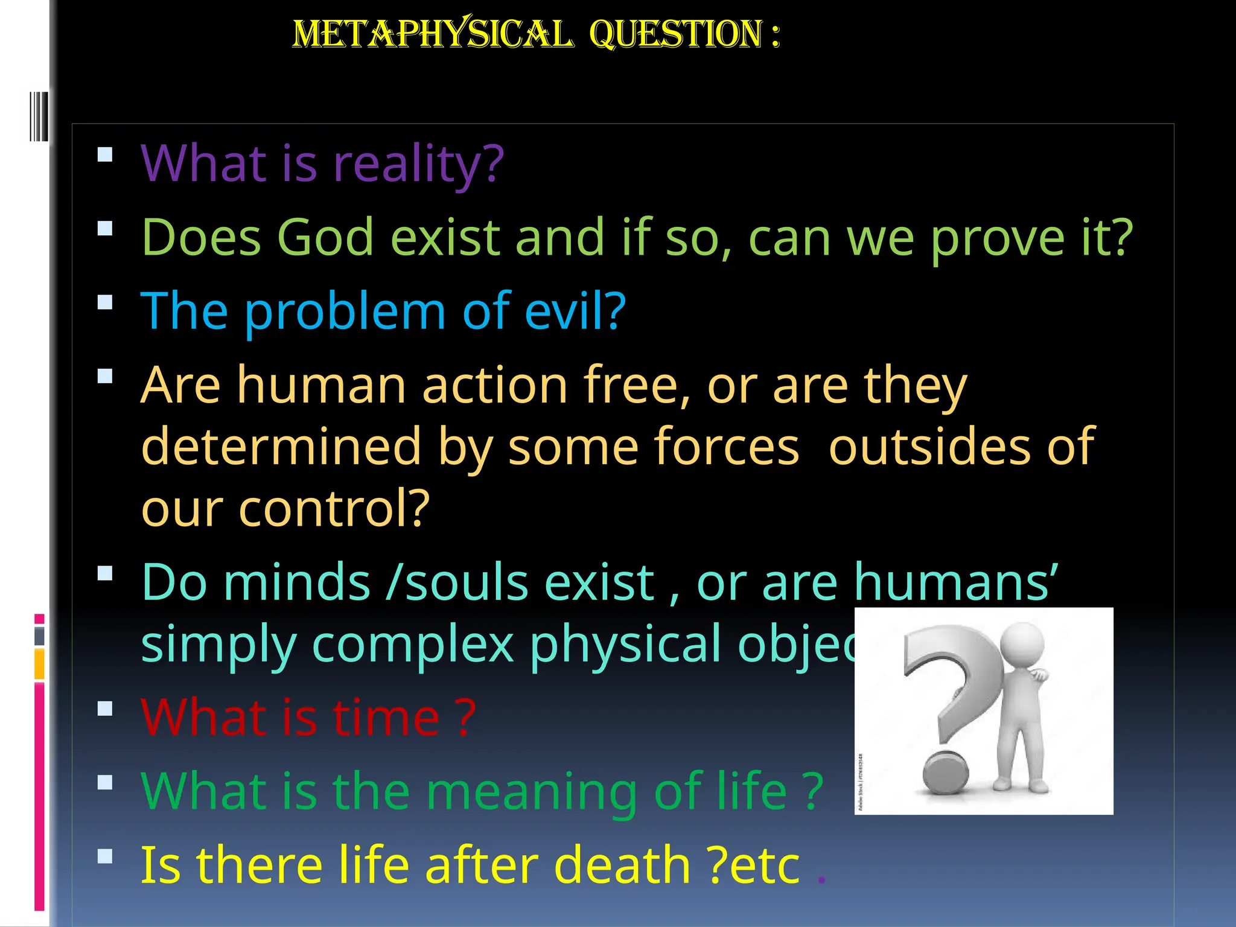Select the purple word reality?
(x=418, y=164)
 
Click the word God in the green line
(x=325, y=237)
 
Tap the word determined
(x=281, y=446)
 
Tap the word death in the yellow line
(x=622, y=865)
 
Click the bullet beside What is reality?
(x=105, y=154)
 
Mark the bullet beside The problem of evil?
(x=105, y=302)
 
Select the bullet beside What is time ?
(x=105, y=708)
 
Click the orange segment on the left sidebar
(x=39, y=664)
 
